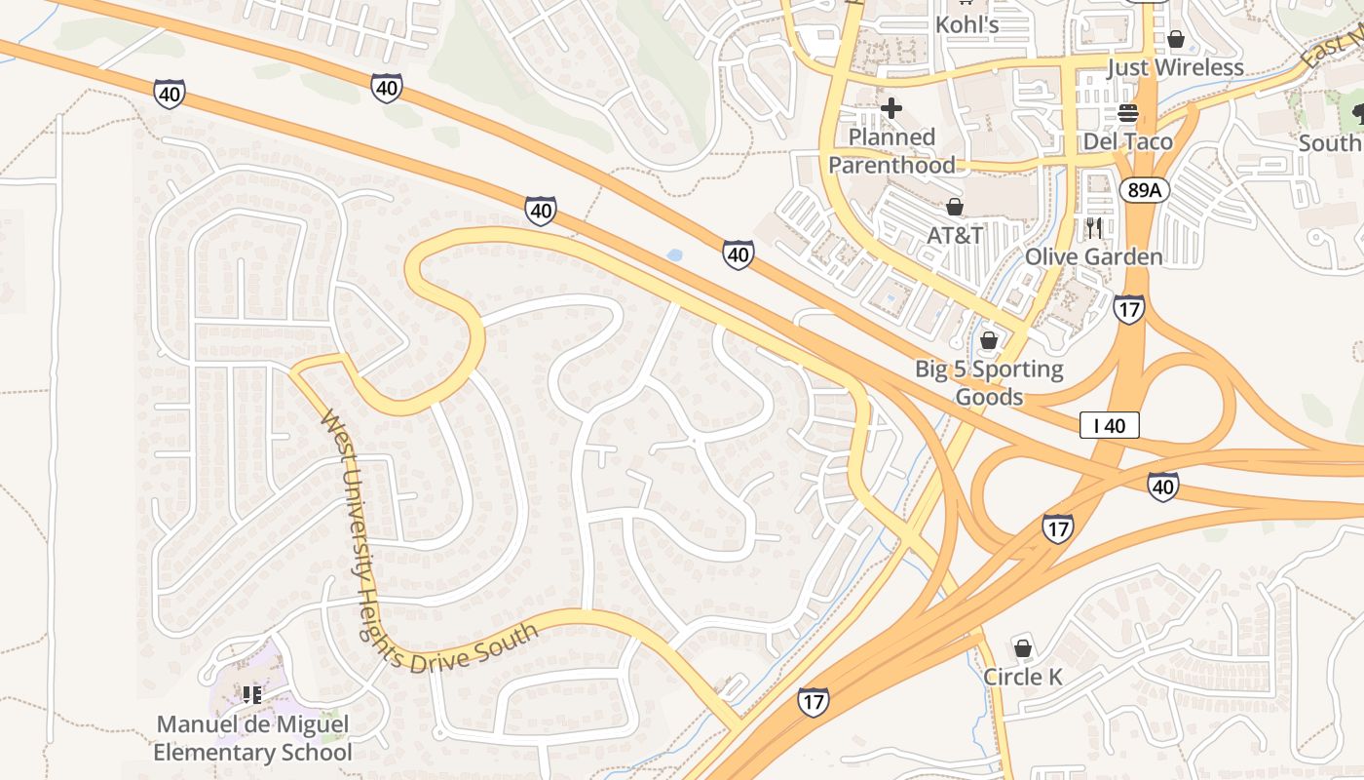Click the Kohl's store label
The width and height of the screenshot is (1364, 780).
[966, 24]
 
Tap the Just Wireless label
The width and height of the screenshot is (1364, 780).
[1175, 67]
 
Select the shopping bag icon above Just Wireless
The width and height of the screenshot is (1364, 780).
[1176, 40]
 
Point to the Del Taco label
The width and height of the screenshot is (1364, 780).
[1128, 141]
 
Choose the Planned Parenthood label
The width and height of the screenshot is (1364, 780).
[891, 151]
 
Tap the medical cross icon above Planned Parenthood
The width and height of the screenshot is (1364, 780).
[890, 108]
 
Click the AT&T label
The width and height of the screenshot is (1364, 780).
[955, 235]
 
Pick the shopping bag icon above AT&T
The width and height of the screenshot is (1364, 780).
[955, 207]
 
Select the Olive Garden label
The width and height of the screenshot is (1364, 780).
[1093, 256]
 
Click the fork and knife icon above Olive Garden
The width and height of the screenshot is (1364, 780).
[1093, 229]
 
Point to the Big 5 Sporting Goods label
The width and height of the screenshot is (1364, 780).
[989, 383]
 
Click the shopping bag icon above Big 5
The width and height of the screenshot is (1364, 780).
[989, 340]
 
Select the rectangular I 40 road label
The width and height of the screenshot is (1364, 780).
[1109, 425]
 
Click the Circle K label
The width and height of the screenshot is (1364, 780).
[1022, 676]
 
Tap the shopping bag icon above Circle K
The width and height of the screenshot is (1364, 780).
[1022, 647]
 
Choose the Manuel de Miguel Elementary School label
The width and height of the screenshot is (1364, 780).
[252, 739]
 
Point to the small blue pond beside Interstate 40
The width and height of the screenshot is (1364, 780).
[673, 255]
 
